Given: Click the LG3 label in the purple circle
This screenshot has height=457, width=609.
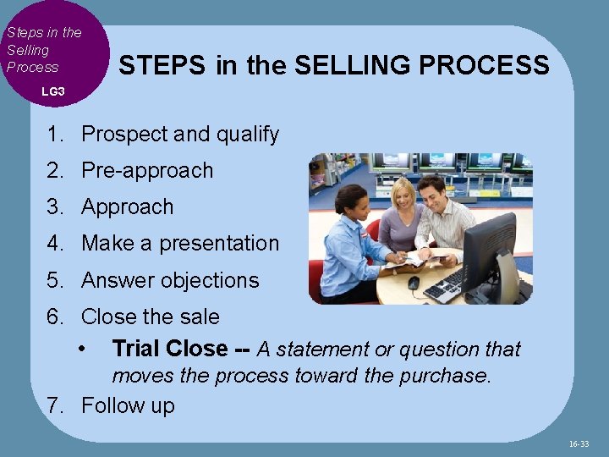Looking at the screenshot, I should (x=52, y=91).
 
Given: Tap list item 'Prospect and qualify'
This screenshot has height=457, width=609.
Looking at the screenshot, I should (x=179, y=134).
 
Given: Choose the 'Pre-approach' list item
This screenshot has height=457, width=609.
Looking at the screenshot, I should (x=147, y=170).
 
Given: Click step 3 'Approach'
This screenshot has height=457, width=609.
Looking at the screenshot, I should (x=127, y=206).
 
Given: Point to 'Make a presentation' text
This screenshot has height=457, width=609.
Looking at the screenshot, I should (x=179, y=243).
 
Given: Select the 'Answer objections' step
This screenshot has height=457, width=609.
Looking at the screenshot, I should (x=170, y=280).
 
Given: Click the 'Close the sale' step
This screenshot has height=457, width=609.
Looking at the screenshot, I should (x=150, y=317).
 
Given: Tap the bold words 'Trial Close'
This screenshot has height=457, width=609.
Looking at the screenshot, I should (x=169, y=349).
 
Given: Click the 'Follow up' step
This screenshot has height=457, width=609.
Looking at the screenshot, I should (x=128, y=405).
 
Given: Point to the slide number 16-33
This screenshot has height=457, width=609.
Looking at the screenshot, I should (x=579, y=443).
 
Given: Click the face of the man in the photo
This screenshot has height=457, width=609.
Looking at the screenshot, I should (x=435, y=192).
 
